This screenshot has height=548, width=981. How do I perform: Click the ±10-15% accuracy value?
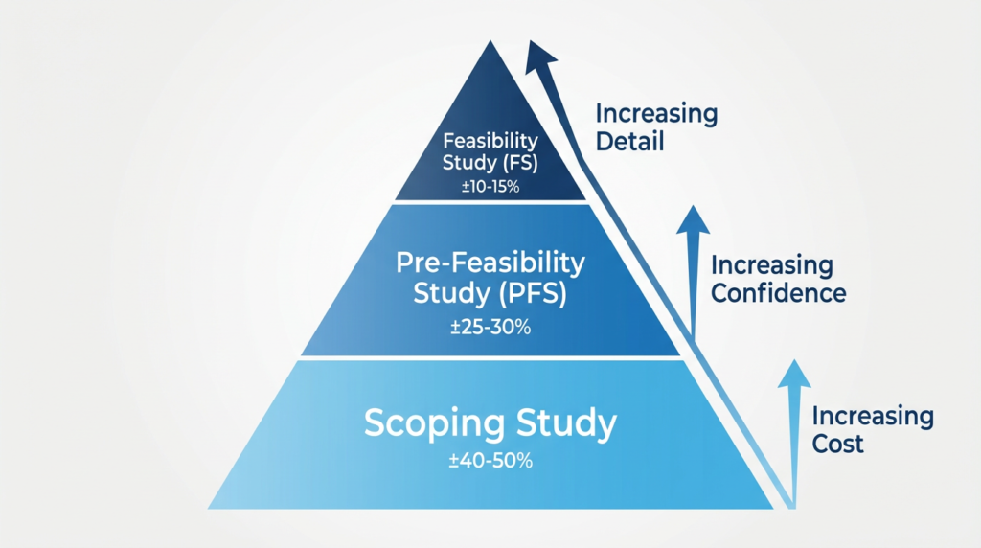tap(490, 187)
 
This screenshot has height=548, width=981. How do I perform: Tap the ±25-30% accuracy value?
tap(490, 327)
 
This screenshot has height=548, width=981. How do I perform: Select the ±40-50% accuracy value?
tap(490, 461)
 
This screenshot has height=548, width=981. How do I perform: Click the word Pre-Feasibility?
tap(490, 263)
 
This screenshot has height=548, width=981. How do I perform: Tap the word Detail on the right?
tap(629, 142)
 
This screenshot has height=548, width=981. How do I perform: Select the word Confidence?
tap(778, 293)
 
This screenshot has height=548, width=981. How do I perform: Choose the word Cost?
tap(837, 444)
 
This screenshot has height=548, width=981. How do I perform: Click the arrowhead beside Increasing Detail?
tap(539, 57)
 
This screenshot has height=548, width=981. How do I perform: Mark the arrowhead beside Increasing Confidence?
tap(693, 219)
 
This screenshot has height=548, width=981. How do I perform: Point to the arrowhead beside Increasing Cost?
tap(794, 374)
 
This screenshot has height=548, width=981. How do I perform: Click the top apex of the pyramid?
tap(490, 41)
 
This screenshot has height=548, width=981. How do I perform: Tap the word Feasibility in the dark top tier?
tap(490, 141)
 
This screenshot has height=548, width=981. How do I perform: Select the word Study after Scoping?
tap(566, 424)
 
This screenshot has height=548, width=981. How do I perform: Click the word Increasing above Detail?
tap(656, 114)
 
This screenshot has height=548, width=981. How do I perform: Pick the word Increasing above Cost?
tap(873, 417)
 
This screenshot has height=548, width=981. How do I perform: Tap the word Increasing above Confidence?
tap(772, 266)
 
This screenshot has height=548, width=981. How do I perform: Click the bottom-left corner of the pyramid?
tap(208, 508)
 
